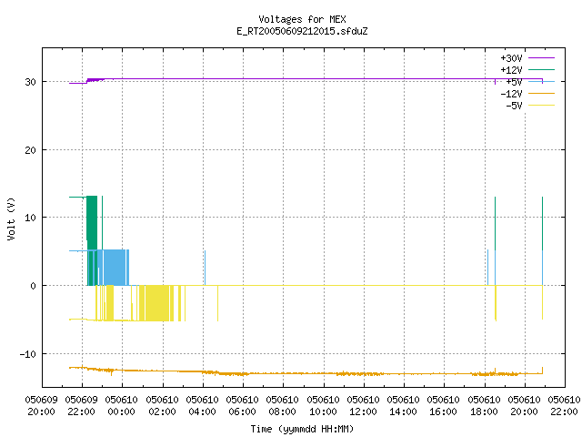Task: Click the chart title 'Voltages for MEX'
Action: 302,19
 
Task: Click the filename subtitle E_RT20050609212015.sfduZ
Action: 302,31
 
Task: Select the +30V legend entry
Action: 527,58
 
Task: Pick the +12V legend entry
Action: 527,70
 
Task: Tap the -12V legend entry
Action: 527,94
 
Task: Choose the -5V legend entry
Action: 530,106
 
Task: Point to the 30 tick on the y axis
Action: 31,82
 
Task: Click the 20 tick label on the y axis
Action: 31,150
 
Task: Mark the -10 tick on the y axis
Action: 28,354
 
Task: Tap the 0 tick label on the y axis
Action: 34,286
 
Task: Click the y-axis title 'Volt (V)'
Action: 11,218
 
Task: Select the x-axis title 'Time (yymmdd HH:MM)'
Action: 302,429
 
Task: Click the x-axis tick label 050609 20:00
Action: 42,406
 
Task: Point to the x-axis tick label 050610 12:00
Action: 363,406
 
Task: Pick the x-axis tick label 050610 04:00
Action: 202,406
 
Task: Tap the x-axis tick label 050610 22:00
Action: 564,406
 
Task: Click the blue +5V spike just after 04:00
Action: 205,268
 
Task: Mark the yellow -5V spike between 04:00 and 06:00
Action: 218,303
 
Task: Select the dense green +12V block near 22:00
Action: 92,240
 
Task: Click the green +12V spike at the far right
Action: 543,223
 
